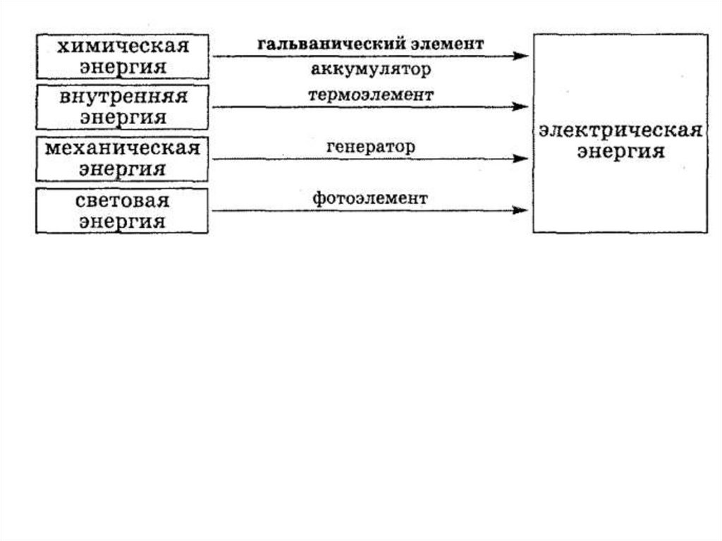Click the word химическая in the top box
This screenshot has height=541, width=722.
(x=123, y=47)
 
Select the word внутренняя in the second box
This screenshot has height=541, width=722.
(x=123, y=97)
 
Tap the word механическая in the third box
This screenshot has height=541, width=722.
(x=123, y=149)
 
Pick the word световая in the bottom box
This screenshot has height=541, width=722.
(x=123, y=200)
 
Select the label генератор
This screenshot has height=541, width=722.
(x=371, y=147)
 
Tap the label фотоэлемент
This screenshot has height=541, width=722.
(x=370, y=199)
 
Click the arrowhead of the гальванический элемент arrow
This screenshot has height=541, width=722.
(x=521, y=56)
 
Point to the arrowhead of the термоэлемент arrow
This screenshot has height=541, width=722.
(x=521, y=107)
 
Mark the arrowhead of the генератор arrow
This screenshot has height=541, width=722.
(x=521, y=159)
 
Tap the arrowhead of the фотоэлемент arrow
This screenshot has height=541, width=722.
(x=521, y=210)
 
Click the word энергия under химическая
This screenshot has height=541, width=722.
(x=123, y=67)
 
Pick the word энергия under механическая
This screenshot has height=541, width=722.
(x=123, y=169)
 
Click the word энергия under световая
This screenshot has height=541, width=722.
(x=123, y=221)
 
